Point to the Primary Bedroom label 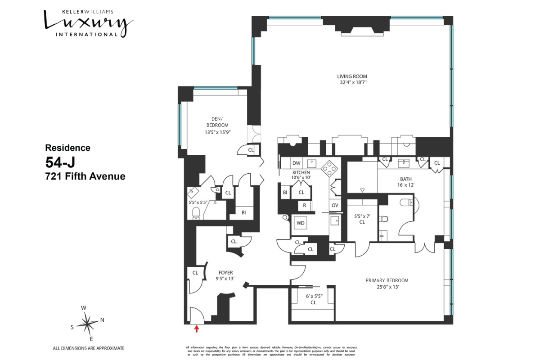pyautogui.click(x=387, y=280)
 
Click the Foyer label pyautogui.click(x=225, y=272)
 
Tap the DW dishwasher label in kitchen pyautogui.click(x=296, y=163)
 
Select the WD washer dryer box pyautogui.click(x=300, y=223)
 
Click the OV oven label pyautogui.click(x=334, y=205)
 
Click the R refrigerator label pyautogui.click(x=305, y=205)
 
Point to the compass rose pyautogui.click(x=88, y=322)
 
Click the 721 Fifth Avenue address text pyautogui.click(x=85, y=176)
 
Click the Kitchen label pyautogui.click(x=301, y=172)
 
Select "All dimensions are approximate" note pyautogui.click(x=89, y=348)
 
